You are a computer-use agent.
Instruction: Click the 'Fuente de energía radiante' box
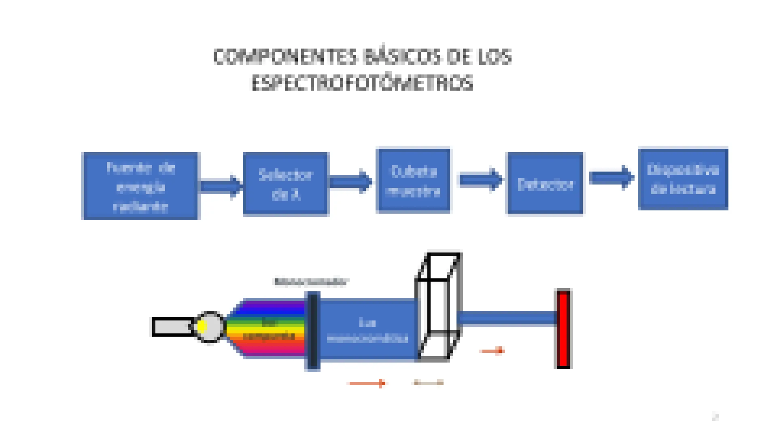[x=140, y=186]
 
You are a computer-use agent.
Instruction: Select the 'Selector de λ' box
[x=286, y=184]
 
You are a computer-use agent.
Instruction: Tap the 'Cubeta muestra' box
[x=413, y=181]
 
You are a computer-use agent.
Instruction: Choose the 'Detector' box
[x=545, y=184]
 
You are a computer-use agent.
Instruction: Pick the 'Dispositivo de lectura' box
[x=683, y=179]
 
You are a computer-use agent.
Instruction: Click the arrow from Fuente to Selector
[x=221, y=186]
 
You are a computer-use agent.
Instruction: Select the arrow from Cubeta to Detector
[x=480, y=180]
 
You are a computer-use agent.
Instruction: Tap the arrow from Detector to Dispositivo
[x=611, y=178]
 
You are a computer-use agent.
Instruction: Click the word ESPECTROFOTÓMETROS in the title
[x=362, y=83]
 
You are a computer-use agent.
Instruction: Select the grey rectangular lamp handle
[x=172, y=327]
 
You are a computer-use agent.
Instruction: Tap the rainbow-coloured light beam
[x=267, y=328]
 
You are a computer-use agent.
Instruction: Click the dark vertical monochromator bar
[x=313, y=331]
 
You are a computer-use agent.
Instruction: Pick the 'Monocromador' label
[x=311, y=282]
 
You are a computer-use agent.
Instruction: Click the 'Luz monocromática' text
[x=367, y=330]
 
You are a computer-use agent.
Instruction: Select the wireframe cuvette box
[x=438, y=307]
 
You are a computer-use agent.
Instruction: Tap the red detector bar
[x=563, y=329]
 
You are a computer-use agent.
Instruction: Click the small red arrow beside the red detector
[x=493, y=350]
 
